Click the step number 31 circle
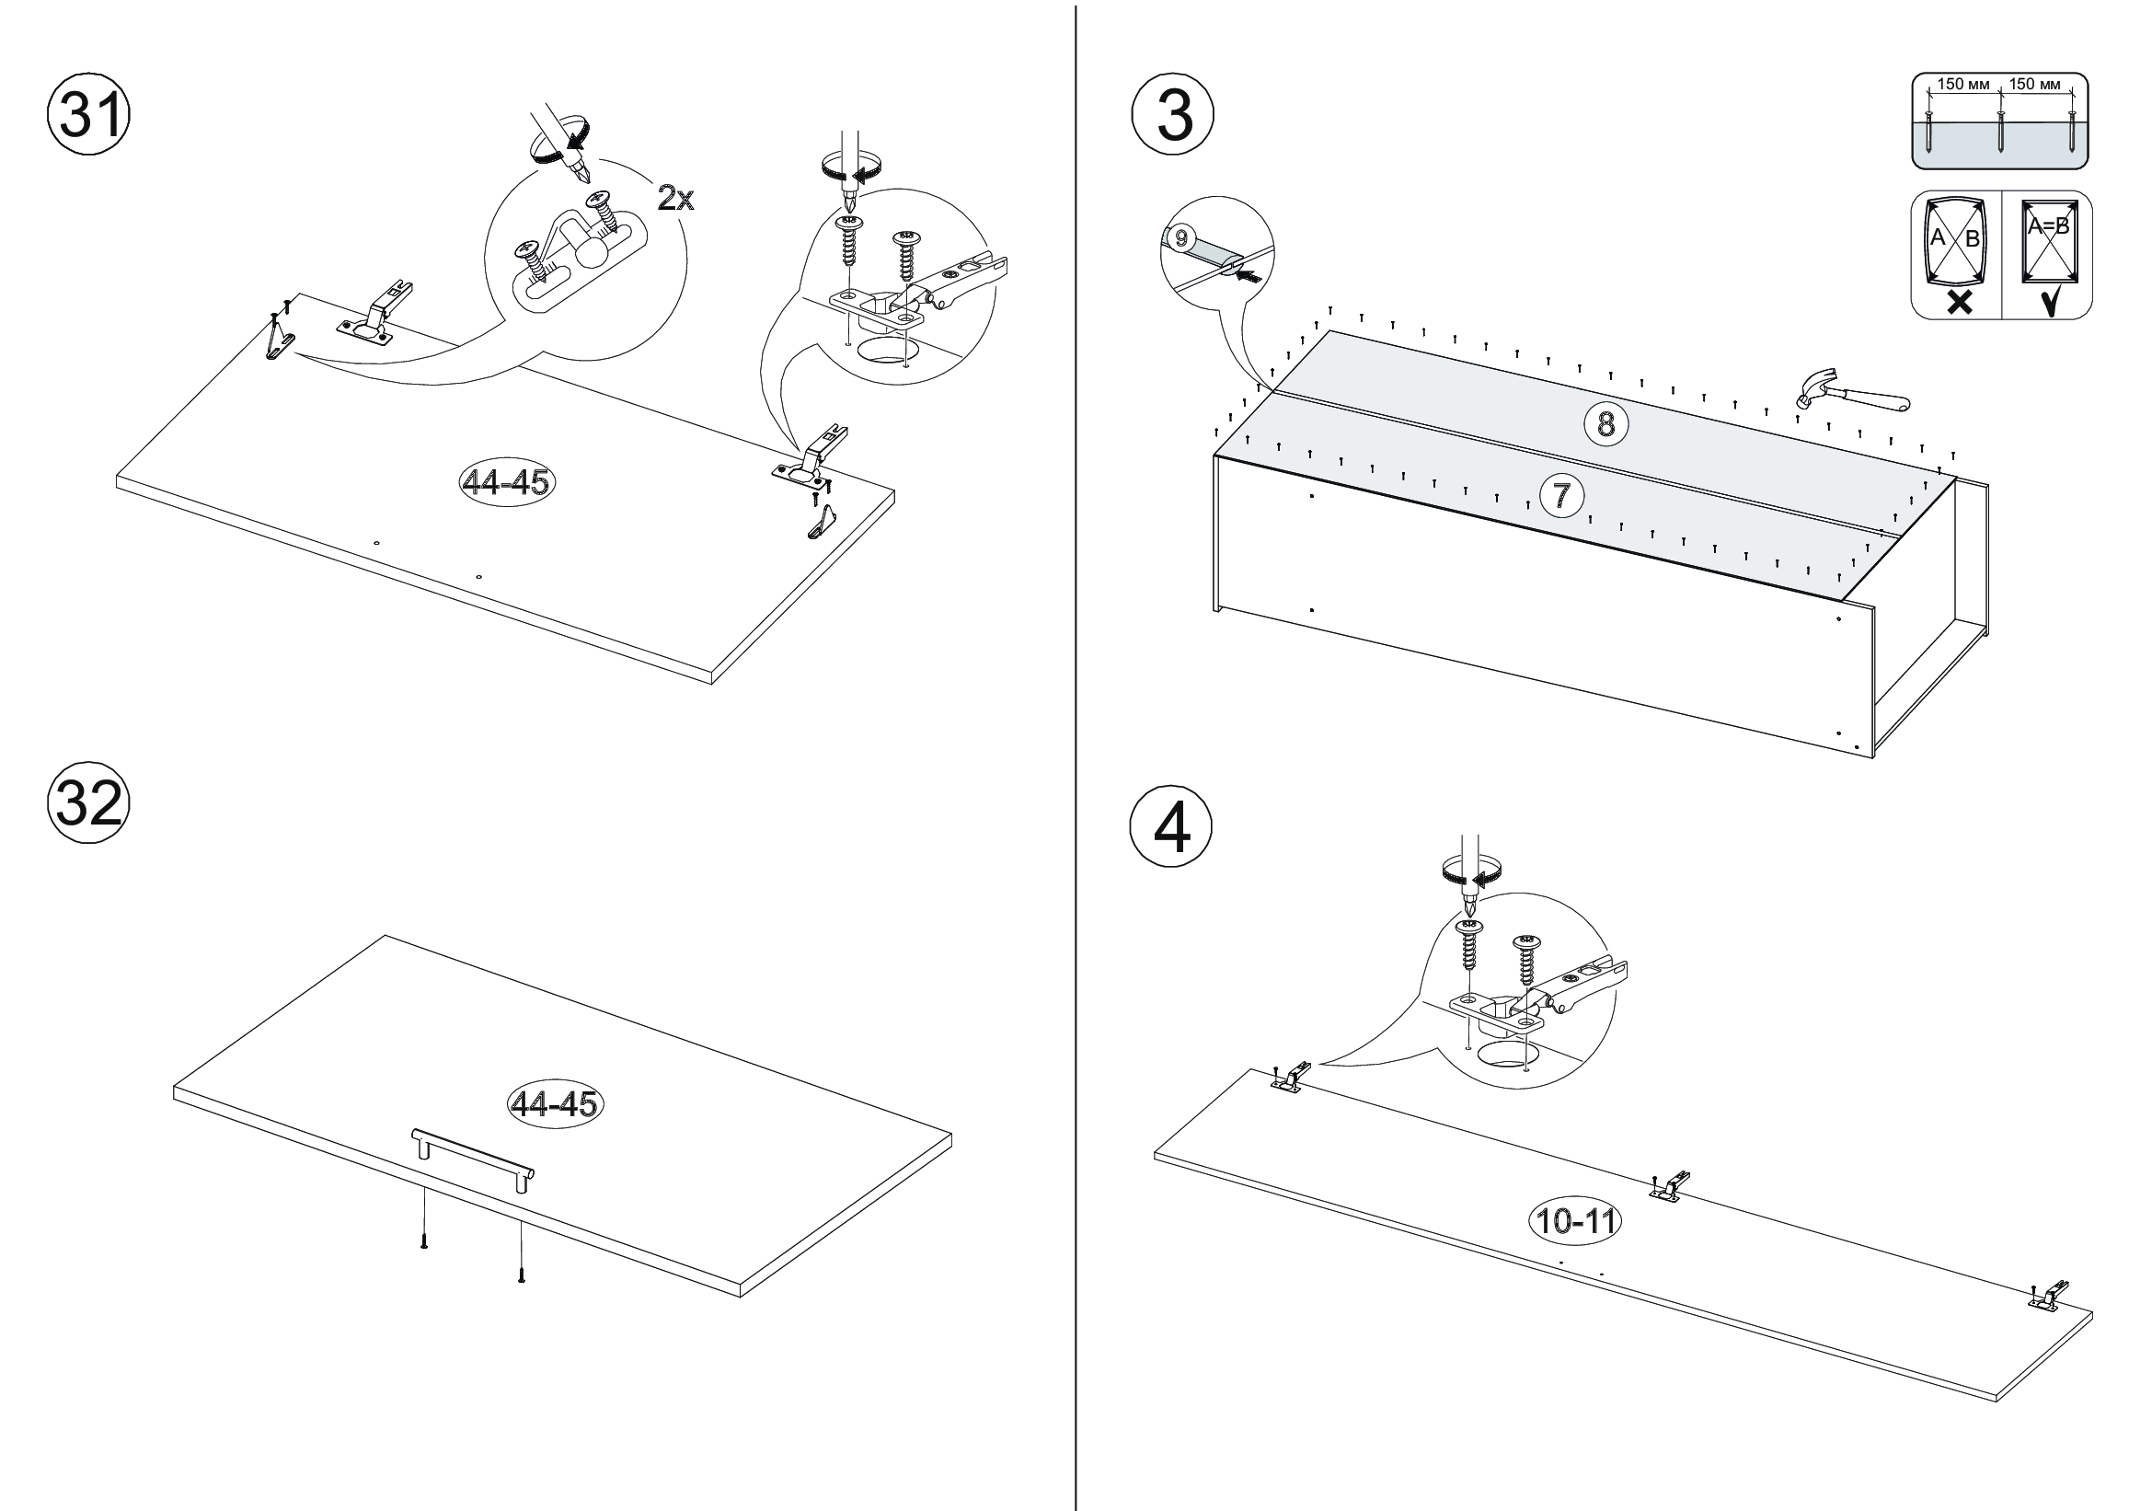(89, 117)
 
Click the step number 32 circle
(89, 803)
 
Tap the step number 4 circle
(1171, 826)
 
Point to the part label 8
(1605, 423)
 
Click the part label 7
(1561, 494)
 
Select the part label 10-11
(1575, 1220)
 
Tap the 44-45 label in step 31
(505, 482)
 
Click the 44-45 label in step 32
(554, 1103)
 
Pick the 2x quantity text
(674, 198)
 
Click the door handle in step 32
(472, 1157)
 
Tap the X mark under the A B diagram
(1958, 302)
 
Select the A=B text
(2048, 225)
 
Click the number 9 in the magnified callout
(1180, 238)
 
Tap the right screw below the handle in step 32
(521, 1275)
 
